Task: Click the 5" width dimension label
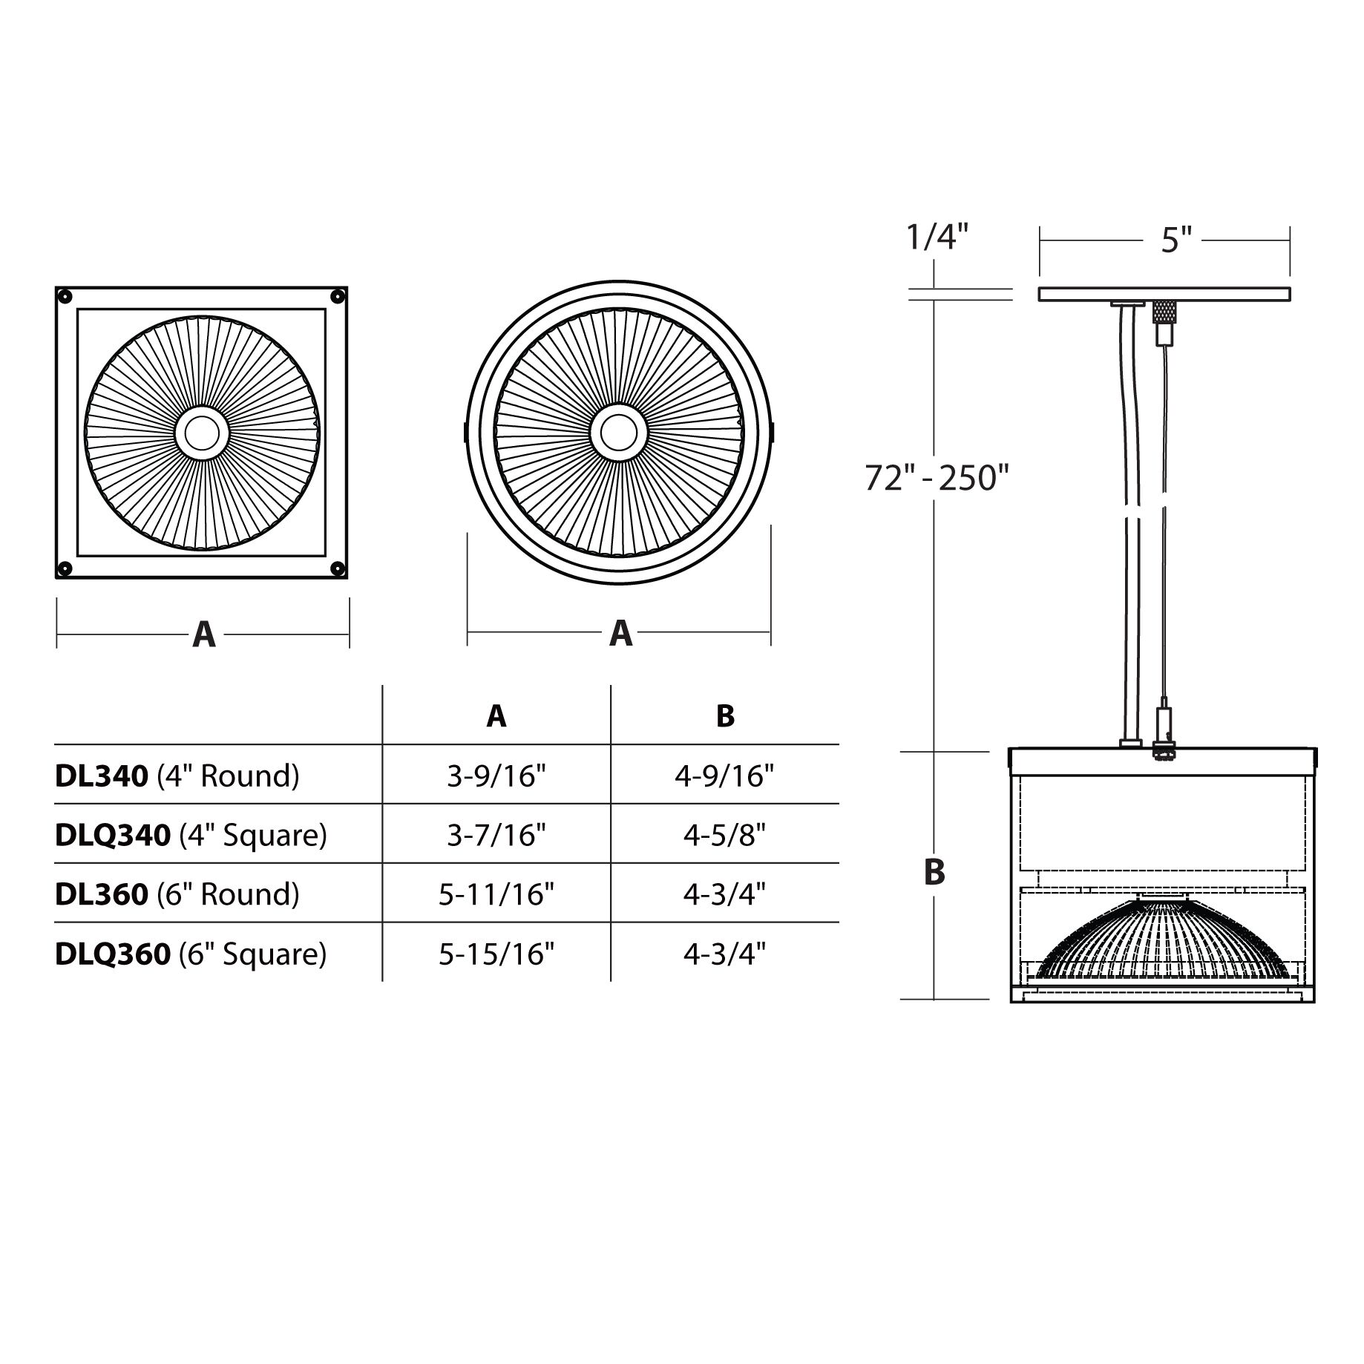point(1176,240)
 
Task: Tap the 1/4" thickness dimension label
point(937,237)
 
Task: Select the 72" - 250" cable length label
point(937,478)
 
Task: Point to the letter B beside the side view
point(934,872)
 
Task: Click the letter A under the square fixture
point(204,635)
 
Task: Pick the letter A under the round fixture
point(620,633)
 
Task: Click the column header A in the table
point(496,716)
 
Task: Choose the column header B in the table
point(725,716)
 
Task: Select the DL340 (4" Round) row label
point(177,776)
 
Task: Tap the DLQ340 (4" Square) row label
point(191,836)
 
